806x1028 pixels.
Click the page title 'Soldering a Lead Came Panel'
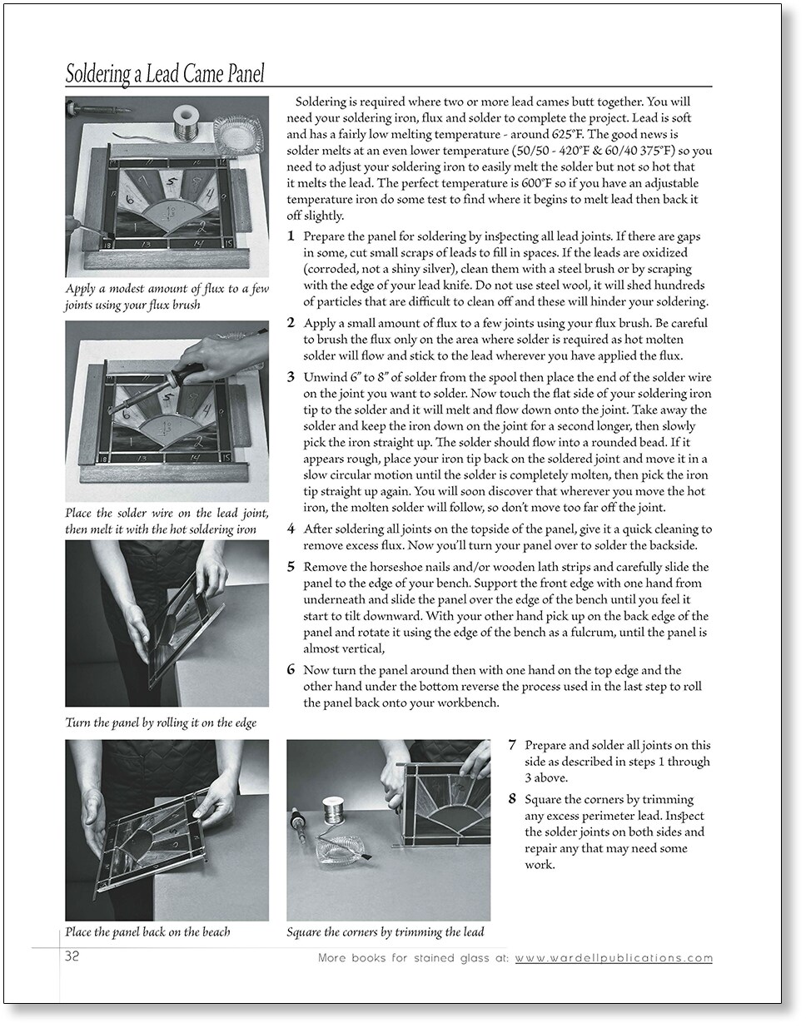pos(165,74)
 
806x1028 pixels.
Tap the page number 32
pos(72,956)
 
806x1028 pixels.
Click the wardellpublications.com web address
pos(614,957)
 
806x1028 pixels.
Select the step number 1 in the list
pos(291,236)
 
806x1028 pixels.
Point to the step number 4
pos(291,529)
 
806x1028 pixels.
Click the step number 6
pos(291,669)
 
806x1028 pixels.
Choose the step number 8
pos(512,799)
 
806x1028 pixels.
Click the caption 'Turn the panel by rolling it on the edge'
pos(161,723)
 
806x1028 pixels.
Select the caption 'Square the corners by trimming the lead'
pos(386,932)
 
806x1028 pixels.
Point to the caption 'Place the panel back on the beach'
pos(148,932)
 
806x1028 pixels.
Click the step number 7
pos(512,745)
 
